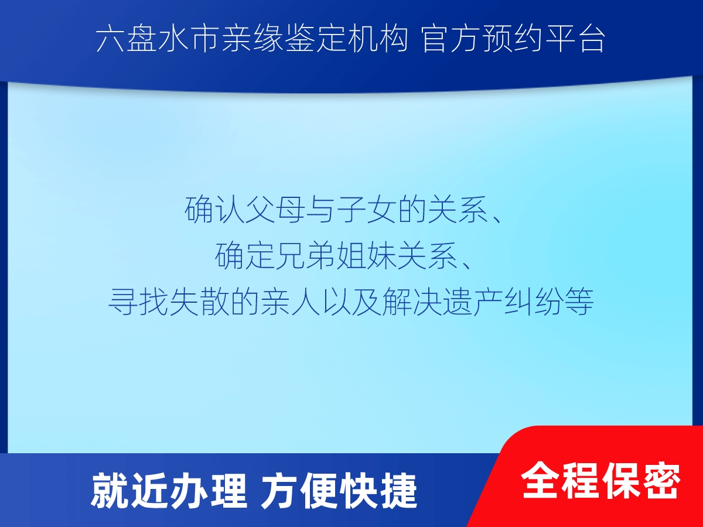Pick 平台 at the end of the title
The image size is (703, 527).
pos(574,39)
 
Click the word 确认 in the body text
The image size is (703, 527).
pos(214,210)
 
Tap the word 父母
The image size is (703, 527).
pos(275,210)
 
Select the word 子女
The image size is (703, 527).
pos(367,210)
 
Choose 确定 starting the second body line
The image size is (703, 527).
pos(244,256)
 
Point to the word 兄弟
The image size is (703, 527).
pos(306,256)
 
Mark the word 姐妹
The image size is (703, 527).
pos(367,256)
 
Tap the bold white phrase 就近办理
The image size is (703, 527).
pos(169,491)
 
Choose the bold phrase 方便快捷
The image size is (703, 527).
pos(339,491)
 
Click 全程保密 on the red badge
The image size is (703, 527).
pos(600,481)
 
